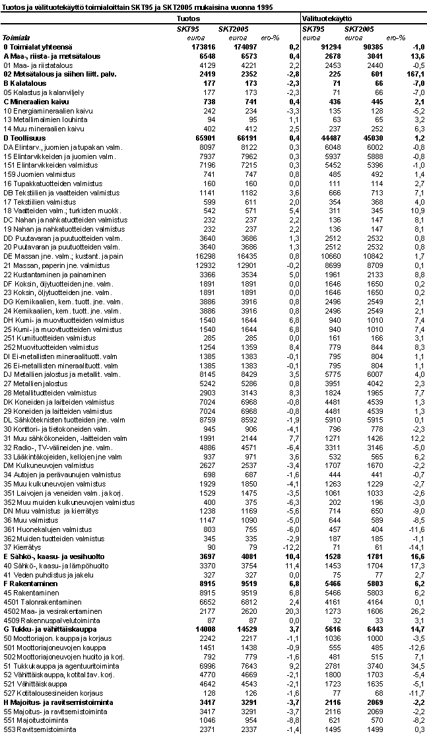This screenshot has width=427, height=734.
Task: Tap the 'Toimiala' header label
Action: coord(16,38)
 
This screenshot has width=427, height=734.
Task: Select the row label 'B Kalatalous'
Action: coord(24,84)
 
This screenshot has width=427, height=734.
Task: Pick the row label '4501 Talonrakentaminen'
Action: coord(39,602)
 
